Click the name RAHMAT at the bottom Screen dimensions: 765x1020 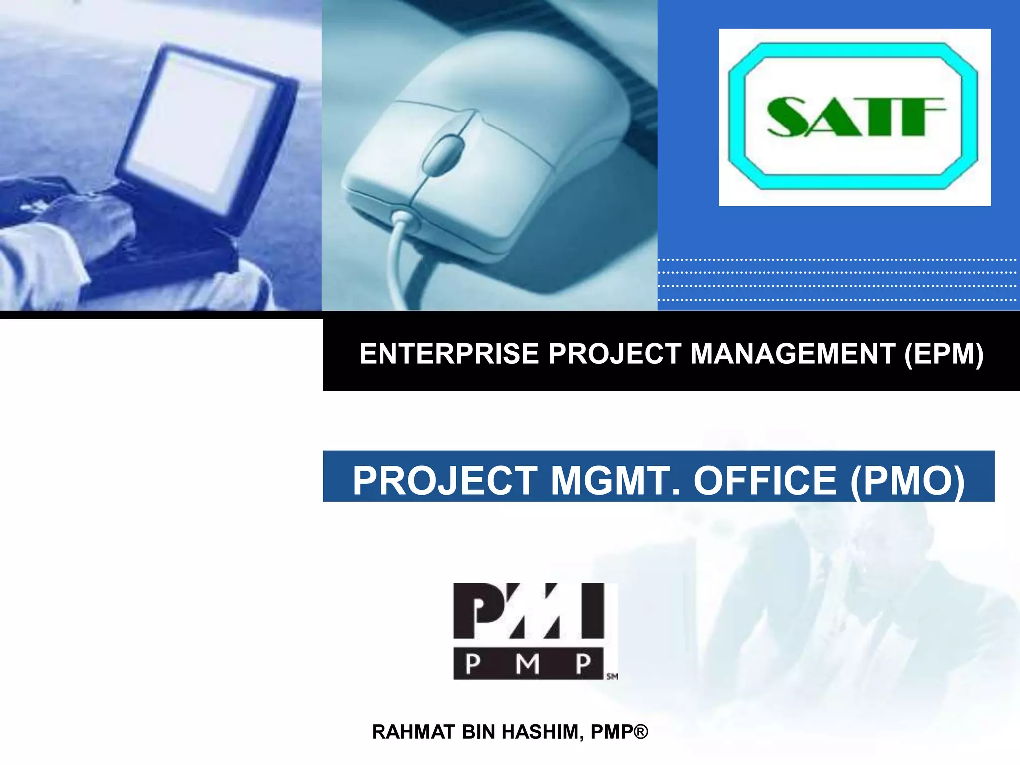[x=413, y=732]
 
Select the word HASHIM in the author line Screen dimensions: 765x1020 [x=542, y=732]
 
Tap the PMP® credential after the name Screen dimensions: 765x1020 [x=619, y=732]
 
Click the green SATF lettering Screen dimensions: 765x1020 [x=856, y=117]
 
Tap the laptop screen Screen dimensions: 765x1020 [x=199, y=125]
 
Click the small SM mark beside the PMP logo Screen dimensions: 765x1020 [x=612, y=676]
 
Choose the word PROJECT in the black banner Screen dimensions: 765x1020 [x=615, y=354]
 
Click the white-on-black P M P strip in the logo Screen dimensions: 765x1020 [x=528, y=663]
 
